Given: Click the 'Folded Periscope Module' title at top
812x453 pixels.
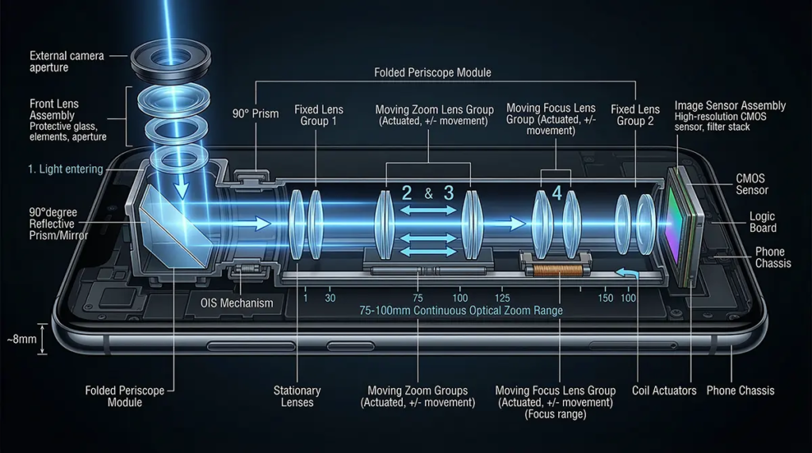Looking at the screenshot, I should point(432,72).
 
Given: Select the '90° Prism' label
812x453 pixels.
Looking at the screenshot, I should point(255,114).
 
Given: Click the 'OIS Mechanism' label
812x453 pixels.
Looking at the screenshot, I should point(236,303).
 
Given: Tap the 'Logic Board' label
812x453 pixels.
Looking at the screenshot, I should point(762,223).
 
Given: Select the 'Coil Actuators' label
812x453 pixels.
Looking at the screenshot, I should point(665,390).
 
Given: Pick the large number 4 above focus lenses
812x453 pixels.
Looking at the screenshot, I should point(557,192).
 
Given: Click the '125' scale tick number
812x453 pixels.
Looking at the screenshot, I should point(501,298).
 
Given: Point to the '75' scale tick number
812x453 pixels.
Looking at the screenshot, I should point(418,298).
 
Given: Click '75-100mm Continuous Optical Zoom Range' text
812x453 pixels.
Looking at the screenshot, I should point(461,311).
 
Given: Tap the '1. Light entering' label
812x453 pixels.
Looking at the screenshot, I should point(66,169).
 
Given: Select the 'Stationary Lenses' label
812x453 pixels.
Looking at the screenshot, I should point(297,396).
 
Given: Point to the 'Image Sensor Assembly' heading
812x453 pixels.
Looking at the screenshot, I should point(730,105).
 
